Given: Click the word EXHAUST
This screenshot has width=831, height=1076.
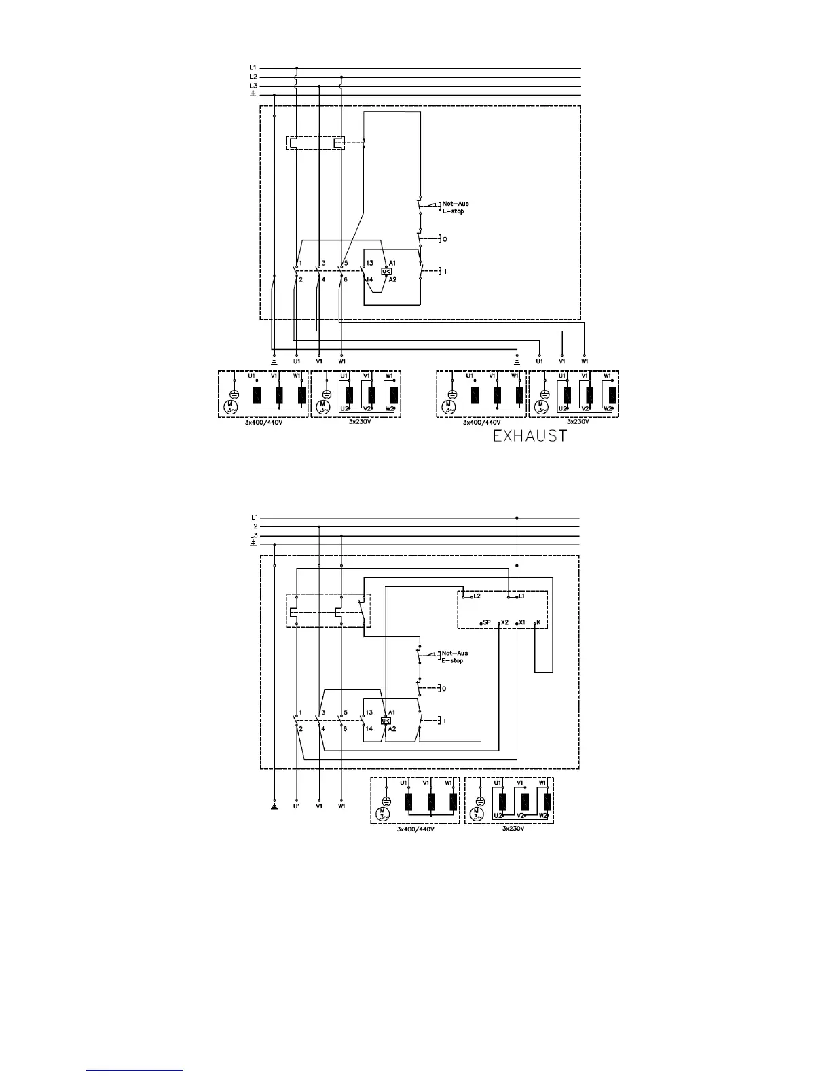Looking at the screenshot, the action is tap(530, 435).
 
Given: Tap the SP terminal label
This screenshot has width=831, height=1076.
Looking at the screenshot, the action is tap(487, 622).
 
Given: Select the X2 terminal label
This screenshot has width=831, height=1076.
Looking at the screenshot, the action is tap(504, 622).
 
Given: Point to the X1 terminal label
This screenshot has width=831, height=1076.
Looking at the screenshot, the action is tap(523, 622).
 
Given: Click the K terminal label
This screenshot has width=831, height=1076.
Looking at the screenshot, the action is tap(538, 622).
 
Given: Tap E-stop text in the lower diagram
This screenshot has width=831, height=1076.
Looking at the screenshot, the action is tap(452, 661).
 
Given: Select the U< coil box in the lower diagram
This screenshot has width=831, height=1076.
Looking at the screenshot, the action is tap(386, 721).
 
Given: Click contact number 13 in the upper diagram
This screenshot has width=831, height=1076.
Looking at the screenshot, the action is tap(370, 263).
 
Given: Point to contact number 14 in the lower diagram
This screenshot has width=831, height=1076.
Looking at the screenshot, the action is tap(369, 729).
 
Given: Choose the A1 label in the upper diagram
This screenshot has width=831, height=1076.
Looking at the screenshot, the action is tap(392, 263).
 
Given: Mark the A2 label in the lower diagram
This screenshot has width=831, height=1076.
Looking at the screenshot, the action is tap(392, 729).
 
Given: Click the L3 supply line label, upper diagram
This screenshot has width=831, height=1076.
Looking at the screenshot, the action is tap(253, 86).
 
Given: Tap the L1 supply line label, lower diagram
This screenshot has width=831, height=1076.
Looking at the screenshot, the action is tap(253, 518).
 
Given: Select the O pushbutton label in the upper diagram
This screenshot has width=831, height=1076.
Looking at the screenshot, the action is tap(445, 239).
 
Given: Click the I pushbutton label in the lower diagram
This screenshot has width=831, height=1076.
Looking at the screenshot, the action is tap(445, 721).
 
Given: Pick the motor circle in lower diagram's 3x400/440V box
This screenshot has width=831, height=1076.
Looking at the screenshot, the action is tap(383, 813).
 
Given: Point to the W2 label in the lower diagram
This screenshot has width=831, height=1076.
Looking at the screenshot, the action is tap(542, 815).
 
